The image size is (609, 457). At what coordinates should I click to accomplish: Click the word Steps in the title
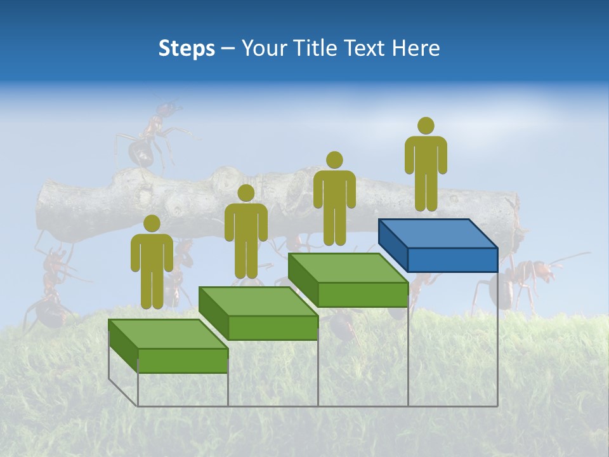tap(187, 48)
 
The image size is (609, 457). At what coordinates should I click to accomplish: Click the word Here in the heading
tap(417, 48)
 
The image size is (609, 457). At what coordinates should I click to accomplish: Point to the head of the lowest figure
tap(152, 223)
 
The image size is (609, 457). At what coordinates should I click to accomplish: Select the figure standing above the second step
tap(246, 232)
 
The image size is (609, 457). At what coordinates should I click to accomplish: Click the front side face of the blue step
tap(452, 260)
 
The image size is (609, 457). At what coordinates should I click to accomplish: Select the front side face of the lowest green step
tap(183, 361)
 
